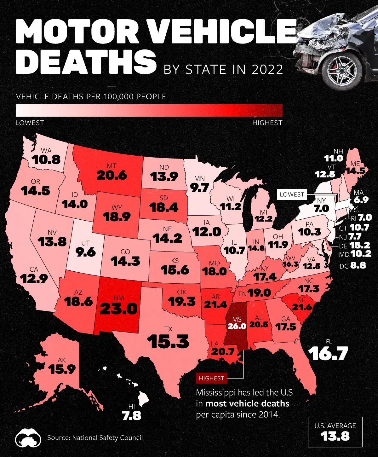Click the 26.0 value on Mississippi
pyautogui.click(x=237, y=326)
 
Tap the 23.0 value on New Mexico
pyautogui.click(x=119, y=309)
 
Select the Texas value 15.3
pyautogui.click(x=168, y=342)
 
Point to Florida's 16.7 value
pyautogui.click(x=328, y=353)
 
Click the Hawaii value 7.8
pyautogui.click(x=132, y=416)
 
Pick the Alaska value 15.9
pyautogui.click(x=62, y=369)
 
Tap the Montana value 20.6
pyautogui.click(x=112, y=175)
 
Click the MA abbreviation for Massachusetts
pyautogui.click(x=358, y=192)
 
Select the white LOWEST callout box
pyautogui.click(x=292, y=194)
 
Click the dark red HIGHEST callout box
pyautogui.click(x=211, y=378)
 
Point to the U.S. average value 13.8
pyautogui.click(x=335, y=436)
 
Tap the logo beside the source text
pyautogui.click(x=28, y=437)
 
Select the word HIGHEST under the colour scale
pyautogui.click(x=267, y=123)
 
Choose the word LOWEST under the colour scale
pyautogui.click(x=30, y=123)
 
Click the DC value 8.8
pyautogui.click(x=358, y=265)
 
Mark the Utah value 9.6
pyautogui.click(x=86, y=252)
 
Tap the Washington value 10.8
pyautogui.click(x=46, y=160)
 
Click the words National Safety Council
pyautogui.click(x=107, y=438)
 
